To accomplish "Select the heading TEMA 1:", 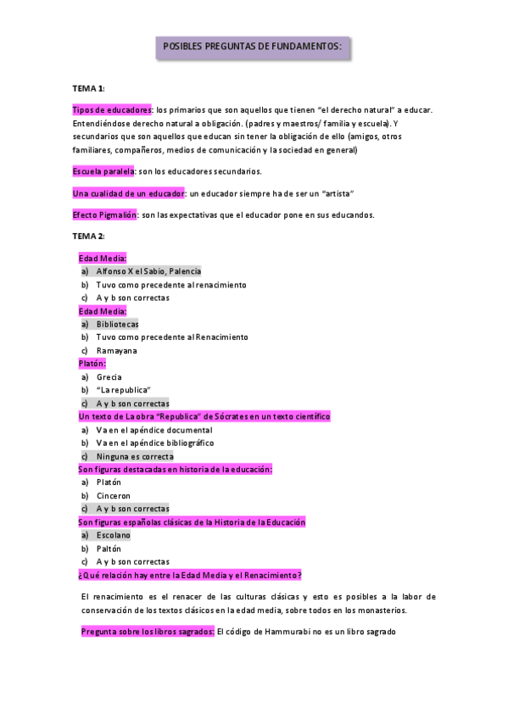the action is [88, 88].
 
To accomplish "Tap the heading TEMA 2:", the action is [88, 236].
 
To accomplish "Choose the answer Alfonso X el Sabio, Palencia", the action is [148, 271].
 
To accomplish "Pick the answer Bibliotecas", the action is [117, 324].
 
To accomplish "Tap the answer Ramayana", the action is [116, 350].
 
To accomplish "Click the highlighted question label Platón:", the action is [92, 363].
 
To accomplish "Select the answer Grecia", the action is [109, 376].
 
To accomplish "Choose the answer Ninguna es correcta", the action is [134, 456].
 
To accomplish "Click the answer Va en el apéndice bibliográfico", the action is [154, 443].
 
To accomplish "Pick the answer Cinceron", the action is [114, 495].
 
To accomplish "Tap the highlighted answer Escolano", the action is [113, 535].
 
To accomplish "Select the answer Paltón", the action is [109, 549].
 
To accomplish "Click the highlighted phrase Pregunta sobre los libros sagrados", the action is [148, 632].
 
